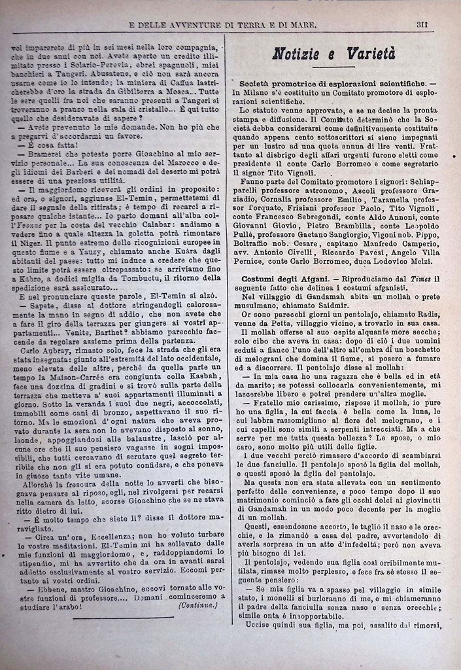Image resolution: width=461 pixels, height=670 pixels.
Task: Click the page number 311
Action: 422,25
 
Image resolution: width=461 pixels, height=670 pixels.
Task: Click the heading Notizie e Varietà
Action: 333,54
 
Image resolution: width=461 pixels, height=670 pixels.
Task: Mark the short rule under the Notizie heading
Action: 333,68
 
